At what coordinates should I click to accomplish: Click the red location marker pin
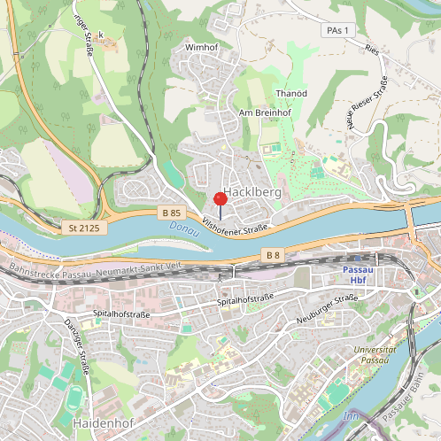pyautogui.click(x=220, y=199)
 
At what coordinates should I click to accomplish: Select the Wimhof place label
pyautogui.click(x=201, y=47)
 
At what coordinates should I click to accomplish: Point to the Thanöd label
pyautogui.click(x=291, y=93)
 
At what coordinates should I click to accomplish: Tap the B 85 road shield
pyautogui.click(x=172, y=213)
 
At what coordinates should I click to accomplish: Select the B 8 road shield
pyautogui.click(x=272, y=255)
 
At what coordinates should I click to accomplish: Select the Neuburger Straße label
pyautogui.click(x=327, y=309)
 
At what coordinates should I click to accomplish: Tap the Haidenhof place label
pyautogui.click(x=104, y=423)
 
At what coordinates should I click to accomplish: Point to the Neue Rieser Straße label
pyautogui.click(x=367, y=102)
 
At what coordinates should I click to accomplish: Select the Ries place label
pyautogui.click(x=371, y=52)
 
